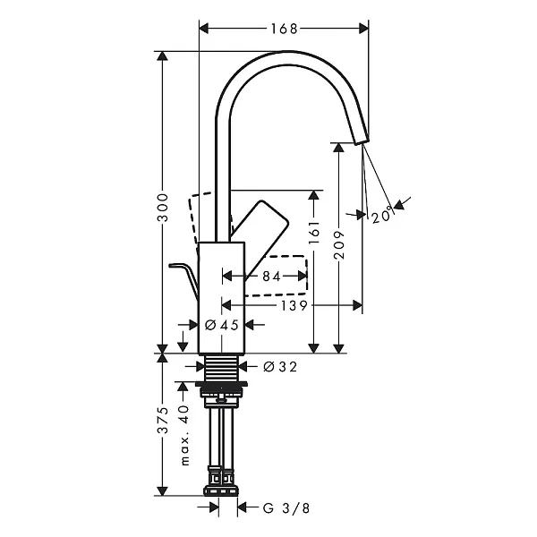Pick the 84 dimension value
270,277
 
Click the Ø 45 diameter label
221,325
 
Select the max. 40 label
183,433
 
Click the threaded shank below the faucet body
222,367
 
